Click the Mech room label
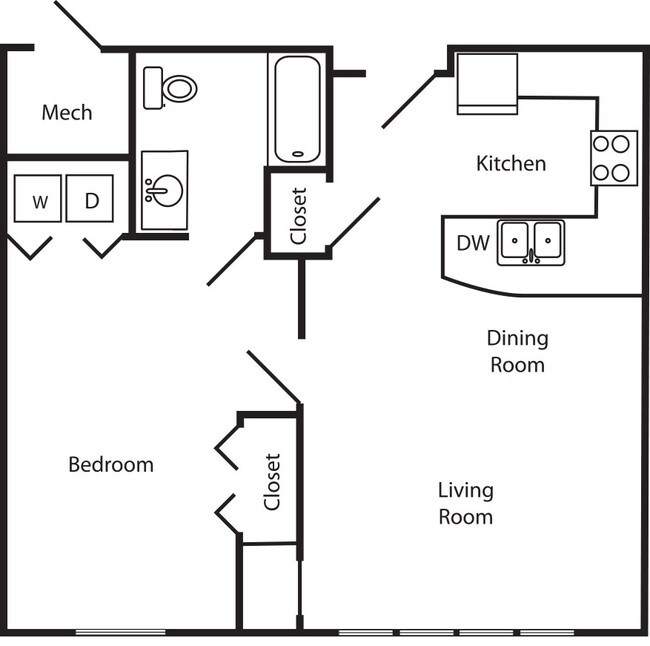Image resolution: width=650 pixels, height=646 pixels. pyautogui.click(x=67, y=112)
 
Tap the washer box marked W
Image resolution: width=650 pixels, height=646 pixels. pyautogui.click(x=39, y=199)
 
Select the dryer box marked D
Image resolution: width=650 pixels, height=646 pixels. pyautogui.click(x=90, y=199)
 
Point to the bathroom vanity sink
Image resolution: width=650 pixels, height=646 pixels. pyautogui.click(x=165, y=190)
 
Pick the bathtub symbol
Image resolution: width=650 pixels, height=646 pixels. pyautogui.click(x=296, y=109)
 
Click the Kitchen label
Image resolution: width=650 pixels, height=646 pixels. pyautogui.click(x=511, y=163)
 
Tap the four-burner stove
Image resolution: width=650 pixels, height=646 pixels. pyautogui.click(x=613, y=157)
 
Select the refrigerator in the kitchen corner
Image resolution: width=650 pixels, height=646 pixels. pyautogui.click(x=487, y=84)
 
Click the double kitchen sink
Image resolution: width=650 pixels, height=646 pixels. pyautogui.click(x=531, y=242)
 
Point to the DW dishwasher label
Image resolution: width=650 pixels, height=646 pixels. pyautogui.click(x=472, y=243)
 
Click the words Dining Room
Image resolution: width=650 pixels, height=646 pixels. pyautogui.click(x=517, y=351)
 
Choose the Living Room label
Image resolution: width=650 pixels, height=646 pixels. pyautogui.click(x=465, y=503)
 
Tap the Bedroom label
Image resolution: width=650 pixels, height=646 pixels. pyautogui.click(x=111, y=464)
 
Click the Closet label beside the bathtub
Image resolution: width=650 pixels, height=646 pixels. pyautogui.click(x=298, y=216)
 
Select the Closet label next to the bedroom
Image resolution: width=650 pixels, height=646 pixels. pyautogui.click(x=272, y=482)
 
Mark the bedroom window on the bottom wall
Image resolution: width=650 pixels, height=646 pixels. pyautogui.click(x=121, y=632)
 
